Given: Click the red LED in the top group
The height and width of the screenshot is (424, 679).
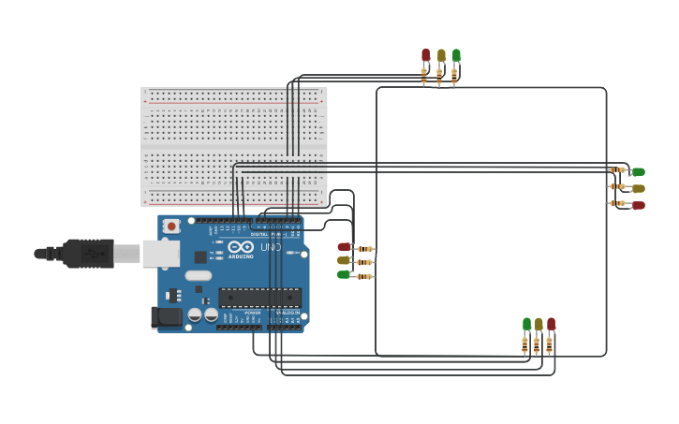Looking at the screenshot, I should [x=425, y=56].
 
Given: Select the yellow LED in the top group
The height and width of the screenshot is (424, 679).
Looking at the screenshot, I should [x=441, y=56].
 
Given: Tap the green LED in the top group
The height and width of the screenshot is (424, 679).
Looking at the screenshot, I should [x=456, y=56].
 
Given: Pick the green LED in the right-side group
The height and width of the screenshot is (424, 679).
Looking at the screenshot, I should [x=638, y=171].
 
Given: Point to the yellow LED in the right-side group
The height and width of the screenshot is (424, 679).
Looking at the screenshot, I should [x=638, y=188].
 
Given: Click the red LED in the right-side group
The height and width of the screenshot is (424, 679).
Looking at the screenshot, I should [x=638, y=205].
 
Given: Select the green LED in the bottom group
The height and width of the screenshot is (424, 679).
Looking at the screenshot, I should [x=526, y=324].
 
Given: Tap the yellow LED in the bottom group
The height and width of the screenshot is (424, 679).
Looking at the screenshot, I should [x=539, y=324].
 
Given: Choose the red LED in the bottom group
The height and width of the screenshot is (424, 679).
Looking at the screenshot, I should [x=551, y=324].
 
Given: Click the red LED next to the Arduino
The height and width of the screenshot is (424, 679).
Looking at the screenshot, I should [x=344, y=247].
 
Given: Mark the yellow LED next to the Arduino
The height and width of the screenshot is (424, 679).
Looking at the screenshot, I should [x=344, y=260].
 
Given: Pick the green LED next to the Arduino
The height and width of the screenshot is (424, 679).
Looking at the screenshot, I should [x=344, y=274].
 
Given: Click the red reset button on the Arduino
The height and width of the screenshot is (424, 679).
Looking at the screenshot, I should [x=171, y=226].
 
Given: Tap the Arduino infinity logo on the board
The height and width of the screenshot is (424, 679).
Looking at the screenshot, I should [x=241, y=247].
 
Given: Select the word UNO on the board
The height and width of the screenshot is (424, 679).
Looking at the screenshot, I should [x=270, y=247].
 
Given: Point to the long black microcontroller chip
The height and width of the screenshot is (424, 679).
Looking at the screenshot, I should [x=259, y=298].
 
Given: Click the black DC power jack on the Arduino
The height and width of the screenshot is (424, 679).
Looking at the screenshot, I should [x=168, y=317].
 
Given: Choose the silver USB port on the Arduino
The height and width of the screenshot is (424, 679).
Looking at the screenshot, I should [x=160, y=253].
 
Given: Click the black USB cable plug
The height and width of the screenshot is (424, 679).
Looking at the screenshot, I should [x=89, y=253].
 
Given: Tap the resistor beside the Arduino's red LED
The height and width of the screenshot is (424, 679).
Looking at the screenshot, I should [x=365, y=249].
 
